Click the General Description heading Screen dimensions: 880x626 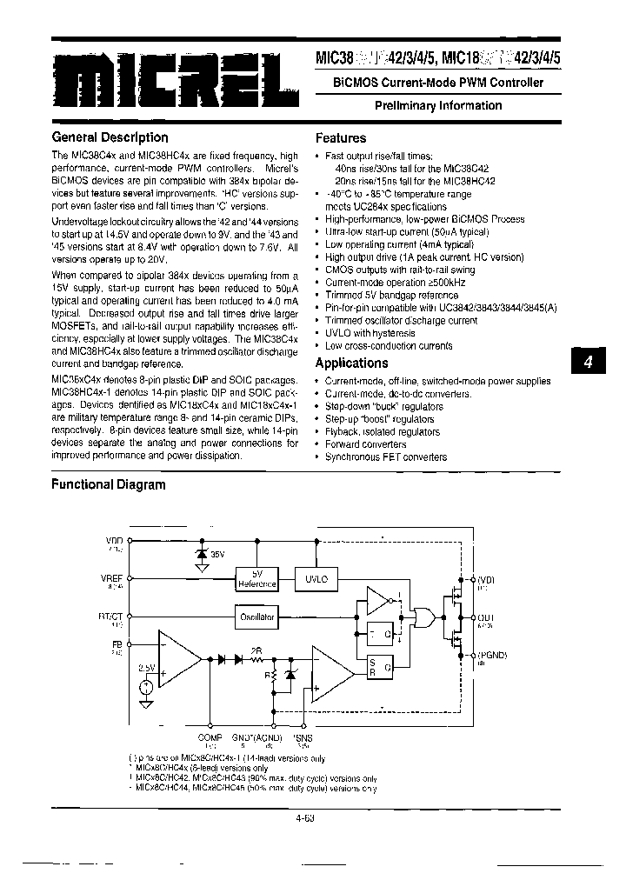point(110,137)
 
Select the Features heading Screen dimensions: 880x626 point(340,137)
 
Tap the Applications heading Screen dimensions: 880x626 point(351,363)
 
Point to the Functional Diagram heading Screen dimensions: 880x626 point(108,484)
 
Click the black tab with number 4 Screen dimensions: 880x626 point(587,363)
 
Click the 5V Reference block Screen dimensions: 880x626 point(256,579)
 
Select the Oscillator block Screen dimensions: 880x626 point(256,617)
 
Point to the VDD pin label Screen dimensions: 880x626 point(115,542)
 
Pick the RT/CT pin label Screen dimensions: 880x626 point(112,616)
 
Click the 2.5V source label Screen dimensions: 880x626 point(146,667)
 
